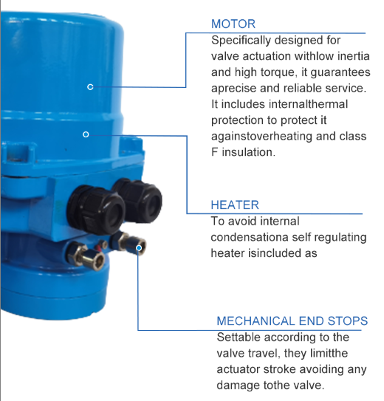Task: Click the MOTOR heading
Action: point(233,24)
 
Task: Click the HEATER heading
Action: point(235,205)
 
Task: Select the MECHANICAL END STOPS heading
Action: point(292,321)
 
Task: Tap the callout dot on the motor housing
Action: point(90,87)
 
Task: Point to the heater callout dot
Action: point(86,134)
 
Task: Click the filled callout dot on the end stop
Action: point(139,248)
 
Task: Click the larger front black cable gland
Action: point(96,210)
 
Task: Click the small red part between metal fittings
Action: point(99,247)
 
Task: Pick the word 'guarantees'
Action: point(340,72)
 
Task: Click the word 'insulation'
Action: point(248,152)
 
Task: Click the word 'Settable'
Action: point(239,337)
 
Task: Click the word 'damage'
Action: point(238,385)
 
